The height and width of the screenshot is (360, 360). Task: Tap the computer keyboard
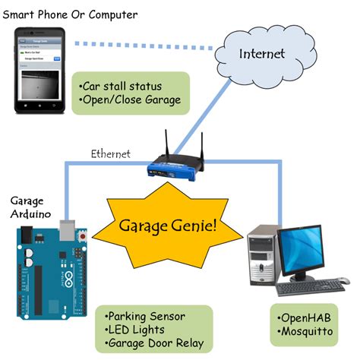pos(310,289)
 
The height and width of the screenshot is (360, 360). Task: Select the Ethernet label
pos(111,153)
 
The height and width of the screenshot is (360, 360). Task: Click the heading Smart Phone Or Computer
pos(69,14)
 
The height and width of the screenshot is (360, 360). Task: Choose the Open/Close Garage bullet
pos(129,100)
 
